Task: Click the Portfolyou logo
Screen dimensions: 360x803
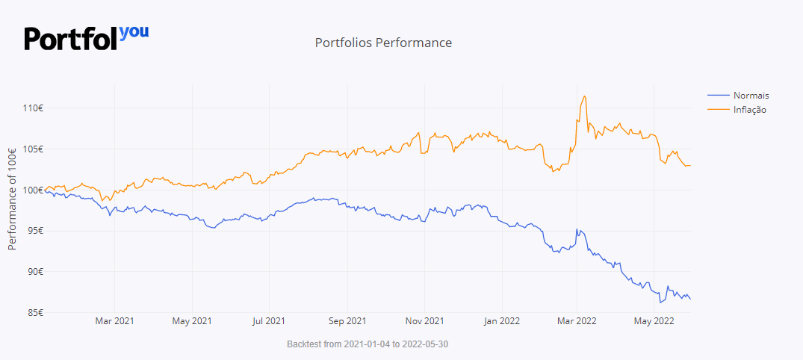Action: point(87,37)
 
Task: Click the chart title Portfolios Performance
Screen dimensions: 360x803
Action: point(383,43)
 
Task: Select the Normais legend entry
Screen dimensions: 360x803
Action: point(751,96)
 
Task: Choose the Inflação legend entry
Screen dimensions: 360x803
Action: point(749,110)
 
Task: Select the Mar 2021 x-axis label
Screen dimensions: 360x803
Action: point(114,322)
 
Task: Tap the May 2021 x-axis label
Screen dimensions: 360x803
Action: point(192,322)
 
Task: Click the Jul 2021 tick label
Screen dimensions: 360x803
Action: point(268,322)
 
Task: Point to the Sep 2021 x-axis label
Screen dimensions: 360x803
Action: point(347,322)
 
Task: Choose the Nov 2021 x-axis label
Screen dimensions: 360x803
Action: point(424,322)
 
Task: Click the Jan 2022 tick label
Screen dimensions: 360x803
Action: point(501,322)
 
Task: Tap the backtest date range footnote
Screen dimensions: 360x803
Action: point(368,344)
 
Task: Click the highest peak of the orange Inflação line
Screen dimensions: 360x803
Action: point(584,96)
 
